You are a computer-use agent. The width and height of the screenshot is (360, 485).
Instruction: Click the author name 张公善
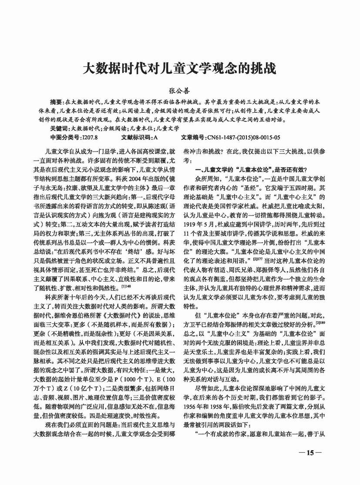(179, 91)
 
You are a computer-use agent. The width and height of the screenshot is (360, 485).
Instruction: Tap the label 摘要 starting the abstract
(57, 101)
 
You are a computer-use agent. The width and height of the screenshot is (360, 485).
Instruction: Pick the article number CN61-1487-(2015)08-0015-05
(244, 137)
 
